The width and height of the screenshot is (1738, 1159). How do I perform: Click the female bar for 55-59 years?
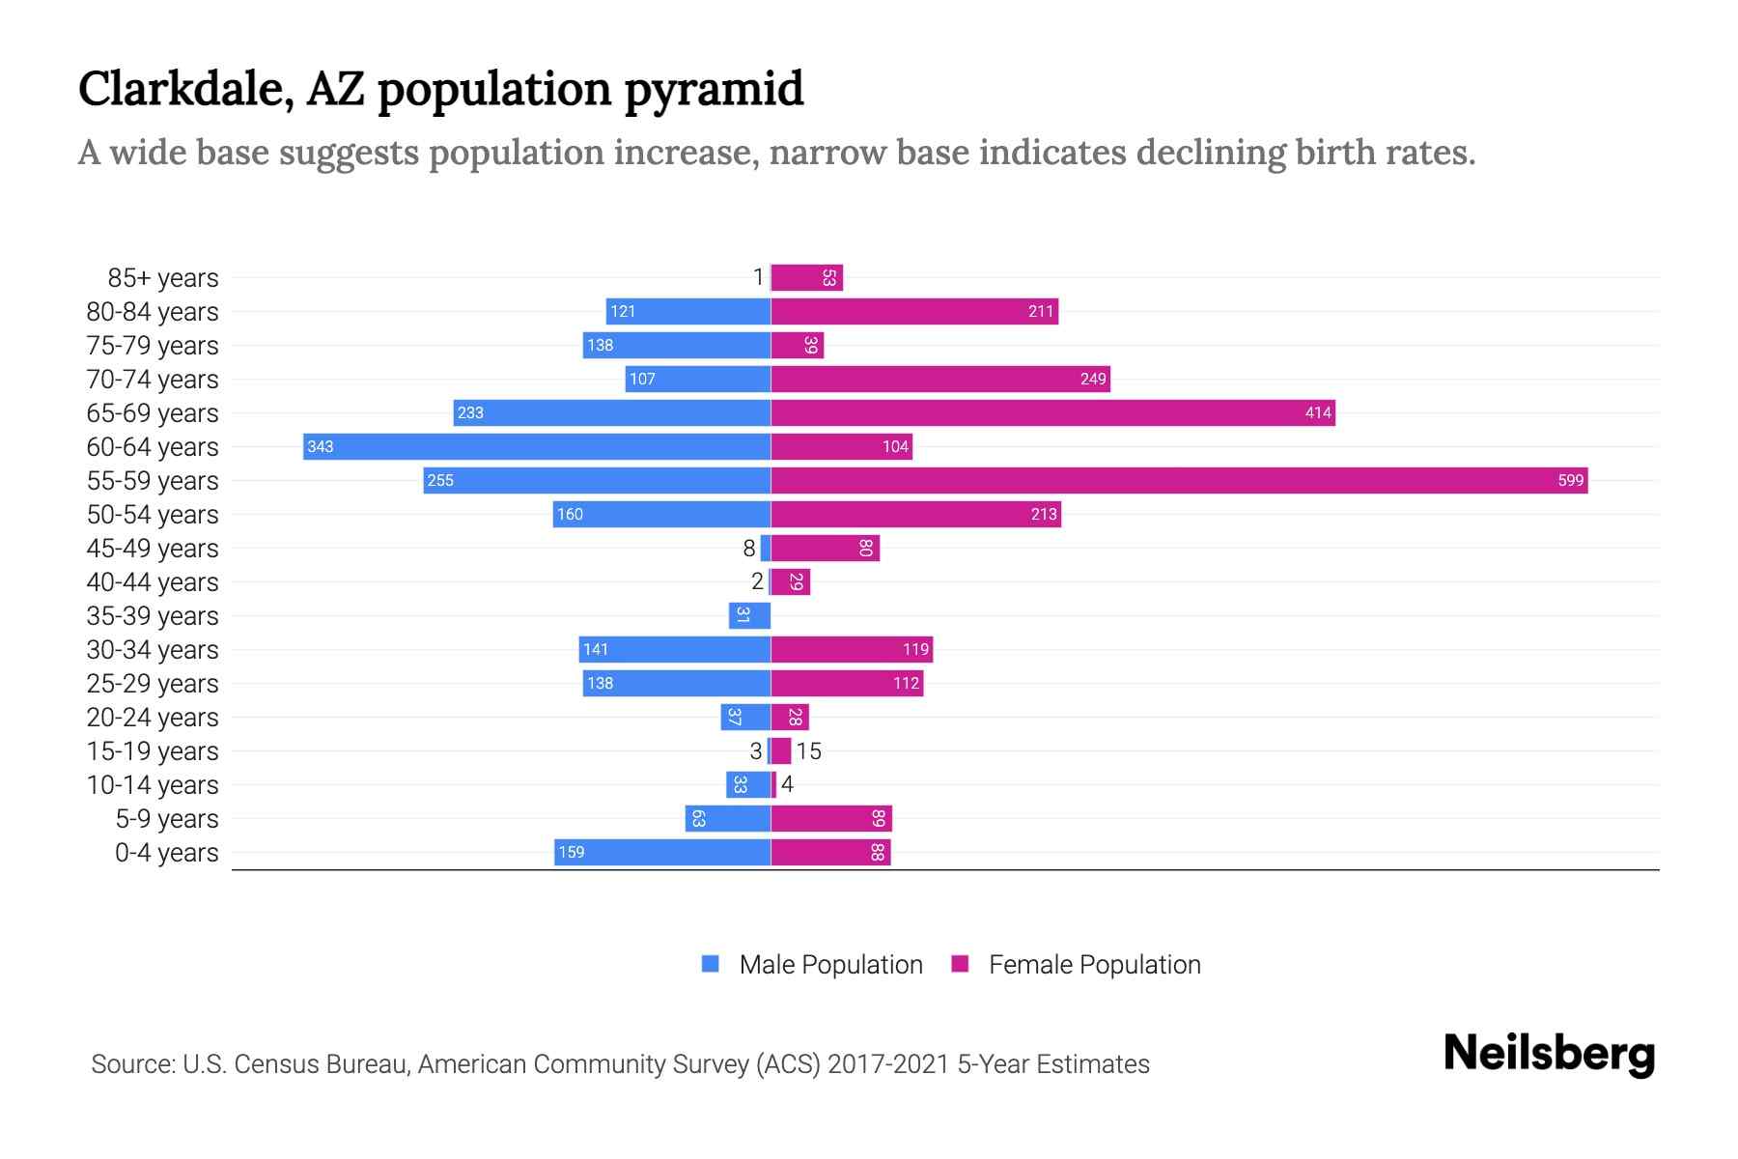1178,480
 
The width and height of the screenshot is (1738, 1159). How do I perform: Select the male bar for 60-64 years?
537,446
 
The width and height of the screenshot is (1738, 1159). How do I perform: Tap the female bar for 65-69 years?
1052,412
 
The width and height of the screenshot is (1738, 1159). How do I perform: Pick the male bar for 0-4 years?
662,852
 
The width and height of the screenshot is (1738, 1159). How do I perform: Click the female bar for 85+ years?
806,277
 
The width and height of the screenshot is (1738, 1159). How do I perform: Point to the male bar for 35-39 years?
749,615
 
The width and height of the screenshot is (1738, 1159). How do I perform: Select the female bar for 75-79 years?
797,345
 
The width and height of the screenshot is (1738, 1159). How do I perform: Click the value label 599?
1570,480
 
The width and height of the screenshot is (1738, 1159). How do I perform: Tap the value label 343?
320,446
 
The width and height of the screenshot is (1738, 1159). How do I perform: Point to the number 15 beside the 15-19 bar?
808,750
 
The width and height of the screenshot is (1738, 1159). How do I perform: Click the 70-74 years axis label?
153,379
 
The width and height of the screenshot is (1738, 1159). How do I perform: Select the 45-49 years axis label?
153,548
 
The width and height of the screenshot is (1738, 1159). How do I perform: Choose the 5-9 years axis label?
167,818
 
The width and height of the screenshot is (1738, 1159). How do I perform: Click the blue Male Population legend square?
711,964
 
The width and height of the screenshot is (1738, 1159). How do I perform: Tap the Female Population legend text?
1094,964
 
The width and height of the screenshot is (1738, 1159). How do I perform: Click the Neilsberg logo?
1549,1053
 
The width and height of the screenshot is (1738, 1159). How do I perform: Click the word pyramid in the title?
714,89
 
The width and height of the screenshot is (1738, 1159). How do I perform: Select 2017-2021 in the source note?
888,1063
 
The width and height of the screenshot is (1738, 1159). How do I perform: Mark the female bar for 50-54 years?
915,514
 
